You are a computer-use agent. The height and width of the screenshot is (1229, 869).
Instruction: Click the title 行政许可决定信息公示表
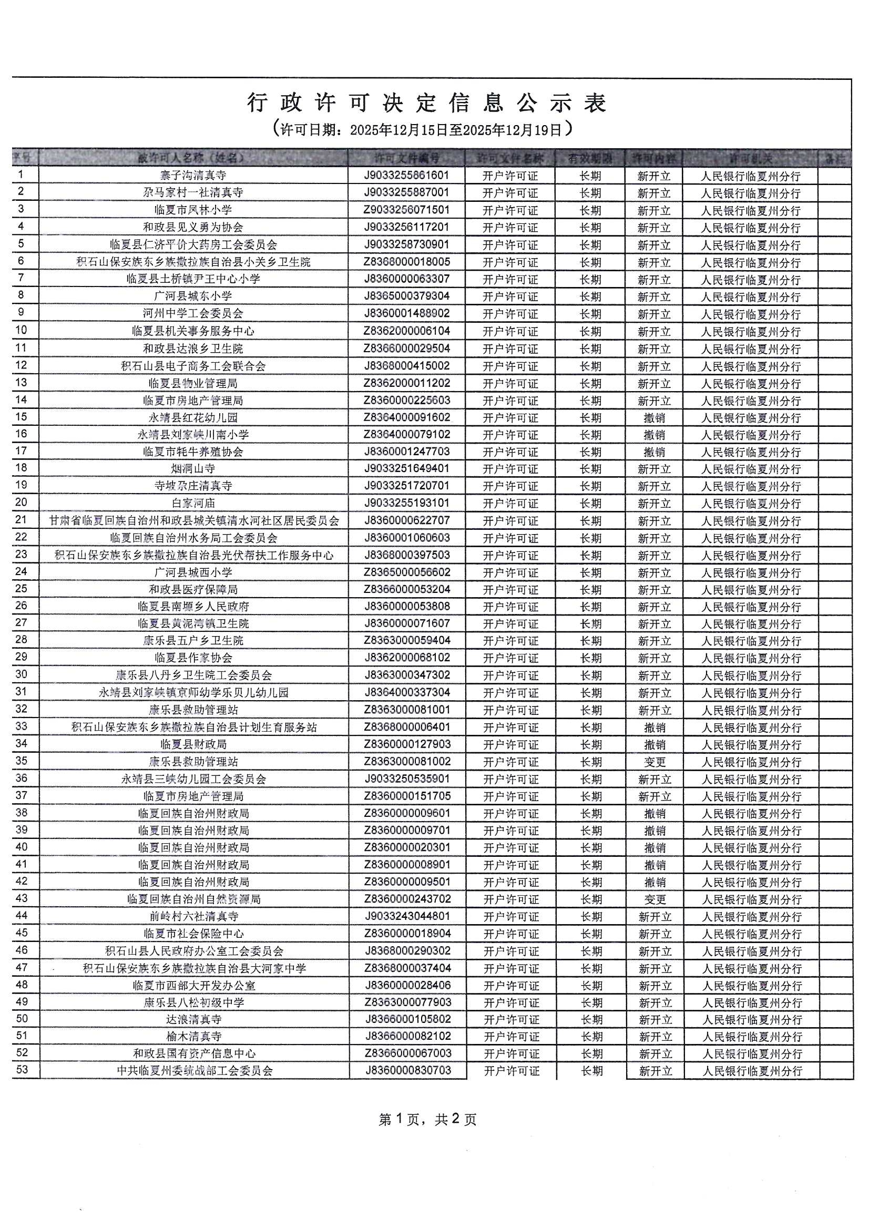click(427, 103)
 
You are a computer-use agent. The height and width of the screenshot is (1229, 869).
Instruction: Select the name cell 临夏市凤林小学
click(193, 210)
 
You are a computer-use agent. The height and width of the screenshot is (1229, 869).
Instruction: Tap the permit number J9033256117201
click(406, 227)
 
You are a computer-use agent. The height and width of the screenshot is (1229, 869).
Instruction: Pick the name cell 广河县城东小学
click(193, 296)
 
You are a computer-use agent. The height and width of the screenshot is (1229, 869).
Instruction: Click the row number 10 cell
click(22, 330)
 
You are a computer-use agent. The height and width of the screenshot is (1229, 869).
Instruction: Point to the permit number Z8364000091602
click(406, 417)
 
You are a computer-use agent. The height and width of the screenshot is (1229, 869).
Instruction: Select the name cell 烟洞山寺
click(193, 469)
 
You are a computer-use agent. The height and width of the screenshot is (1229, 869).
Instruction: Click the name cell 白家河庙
click(193, 503)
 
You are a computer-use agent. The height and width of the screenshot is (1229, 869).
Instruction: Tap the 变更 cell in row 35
click(655, 762)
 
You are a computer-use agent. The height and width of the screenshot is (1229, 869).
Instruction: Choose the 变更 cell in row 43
click(655, 899)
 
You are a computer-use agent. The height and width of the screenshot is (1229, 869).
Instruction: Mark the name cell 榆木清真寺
click(194, 1036)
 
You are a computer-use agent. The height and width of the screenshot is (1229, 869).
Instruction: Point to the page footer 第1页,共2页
click(427, 1119)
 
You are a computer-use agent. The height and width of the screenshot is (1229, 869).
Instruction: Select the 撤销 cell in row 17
click(654, 452)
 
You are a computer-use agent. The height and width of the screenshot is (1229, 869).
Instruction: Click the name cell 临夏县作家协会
click(193, 658)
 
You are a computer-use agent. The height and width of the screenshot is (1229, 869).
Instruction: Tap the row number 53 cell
click(22, 1070)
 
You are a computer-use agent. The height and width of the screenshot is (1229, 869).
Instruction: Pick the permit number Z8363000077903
click(407, 1002)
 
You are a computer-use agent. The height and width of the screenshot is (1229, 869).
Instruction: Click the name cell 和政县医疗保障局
click(193, 589)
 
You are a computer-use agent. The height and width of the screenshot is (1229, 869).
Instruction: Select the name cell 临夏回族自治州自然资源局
click(194, 899)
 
